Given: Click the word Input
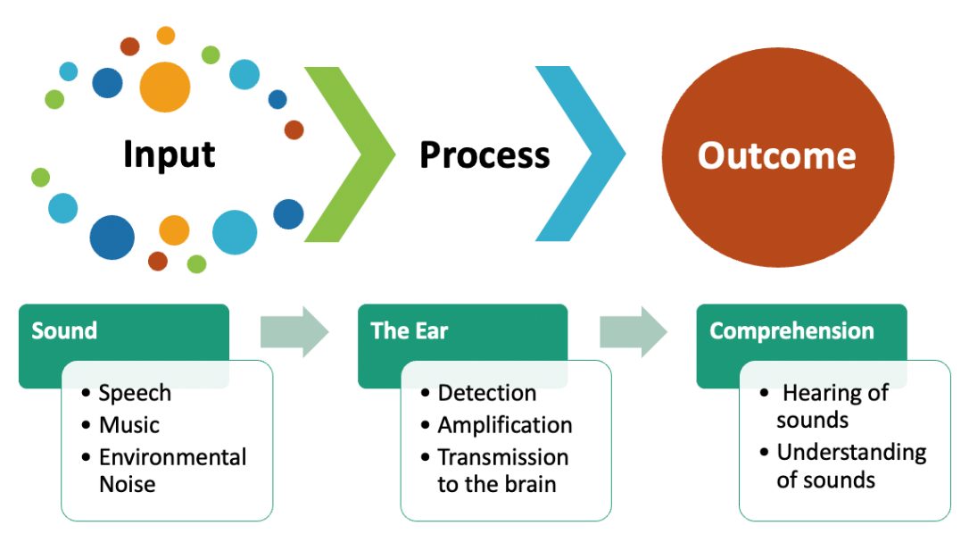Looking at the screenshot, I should (x=169, y=154).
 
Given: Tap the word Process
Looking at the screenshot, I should (x=484, y=155).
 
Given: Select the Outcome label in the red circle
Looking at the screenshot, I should (x=776, y=155).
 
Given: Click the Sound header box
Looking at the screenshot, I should (x=64, y=331).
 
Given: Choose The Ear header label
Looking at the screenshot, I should (x=410, y=331).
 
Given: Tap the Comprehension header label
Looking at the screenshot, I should (x=791, y=331).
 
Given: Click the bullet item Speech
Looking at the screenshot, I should (x=135, y=393).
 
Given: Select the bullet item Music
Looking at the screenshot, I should (x=129, y=425).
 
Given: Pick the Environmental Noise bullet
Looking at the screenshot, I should (x=172, y=471).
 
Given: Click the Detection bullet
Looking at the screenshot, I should (x=486, y=393).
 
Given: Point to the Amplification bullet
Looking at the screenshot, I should (x=504, y=425).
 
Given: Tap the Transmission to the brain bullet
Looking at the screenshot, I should (x=502, y=471).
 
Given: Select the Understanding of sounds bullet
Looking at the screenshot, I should (x=850, y=466).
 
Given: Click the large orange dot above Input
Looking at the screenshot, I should (x=165, y=87).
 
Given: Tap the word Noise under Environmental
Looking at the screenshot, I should (x=128, y=485).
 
